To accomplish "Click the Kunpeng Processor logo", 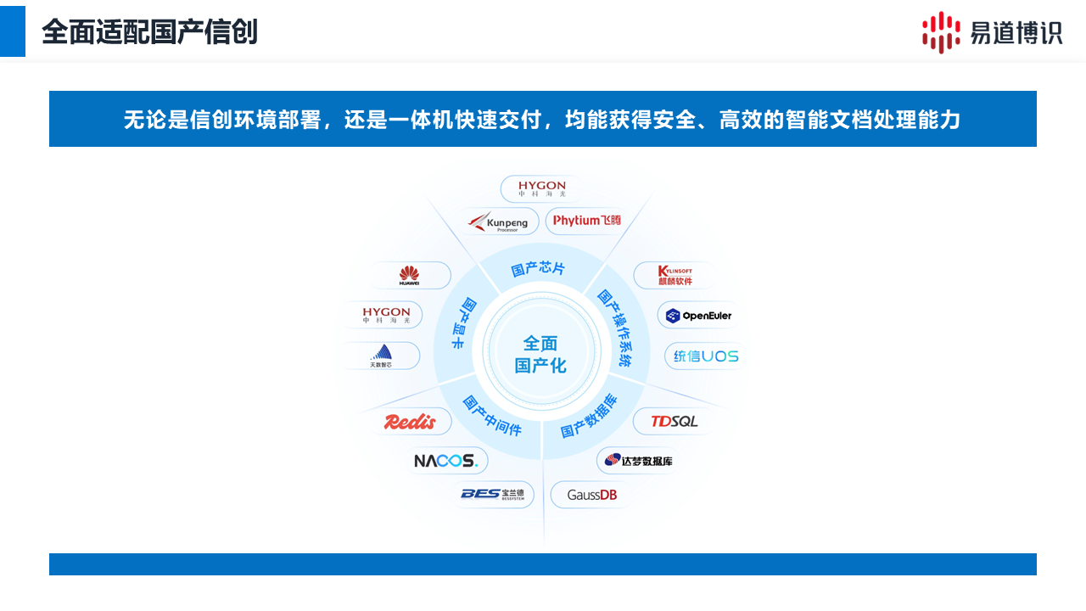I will tap(501, 221).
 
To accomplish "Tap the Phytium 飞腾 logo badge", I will tap(587, 221).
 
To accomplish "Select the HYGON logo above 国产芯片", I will tap(541, 188).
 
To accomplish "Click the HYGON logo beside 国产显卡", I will tap(386, 315).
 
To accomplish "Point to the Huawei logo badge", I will tap(409, 275).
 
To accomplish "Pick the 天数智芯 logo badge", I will tap(381, 356).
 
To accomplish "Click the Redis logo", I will tap(410, 422).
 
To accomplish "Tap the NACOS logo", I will tap(446, 461).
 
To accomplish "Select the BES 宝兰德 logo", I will tap(493, 494).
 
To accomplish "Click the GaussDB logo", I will tap(591, 495).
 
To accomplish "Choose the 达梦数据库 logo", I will tap(639, 461).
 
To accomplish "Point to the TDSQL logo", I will tap(675, 421).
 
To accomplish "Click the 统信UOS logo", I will tap(706, 356).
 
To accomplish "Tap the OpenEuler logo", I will tap(698, 316).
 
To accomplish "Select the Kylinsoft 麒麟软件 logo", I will tap(675, 275).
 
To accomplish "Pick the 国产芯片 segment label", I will tap(538, 269).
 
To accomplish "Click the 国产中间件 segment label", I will tap(491, 415).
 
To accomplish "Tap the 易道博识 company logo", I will tap(992, 32).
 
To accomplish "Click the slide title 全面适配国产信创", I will tap(149, 32).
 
